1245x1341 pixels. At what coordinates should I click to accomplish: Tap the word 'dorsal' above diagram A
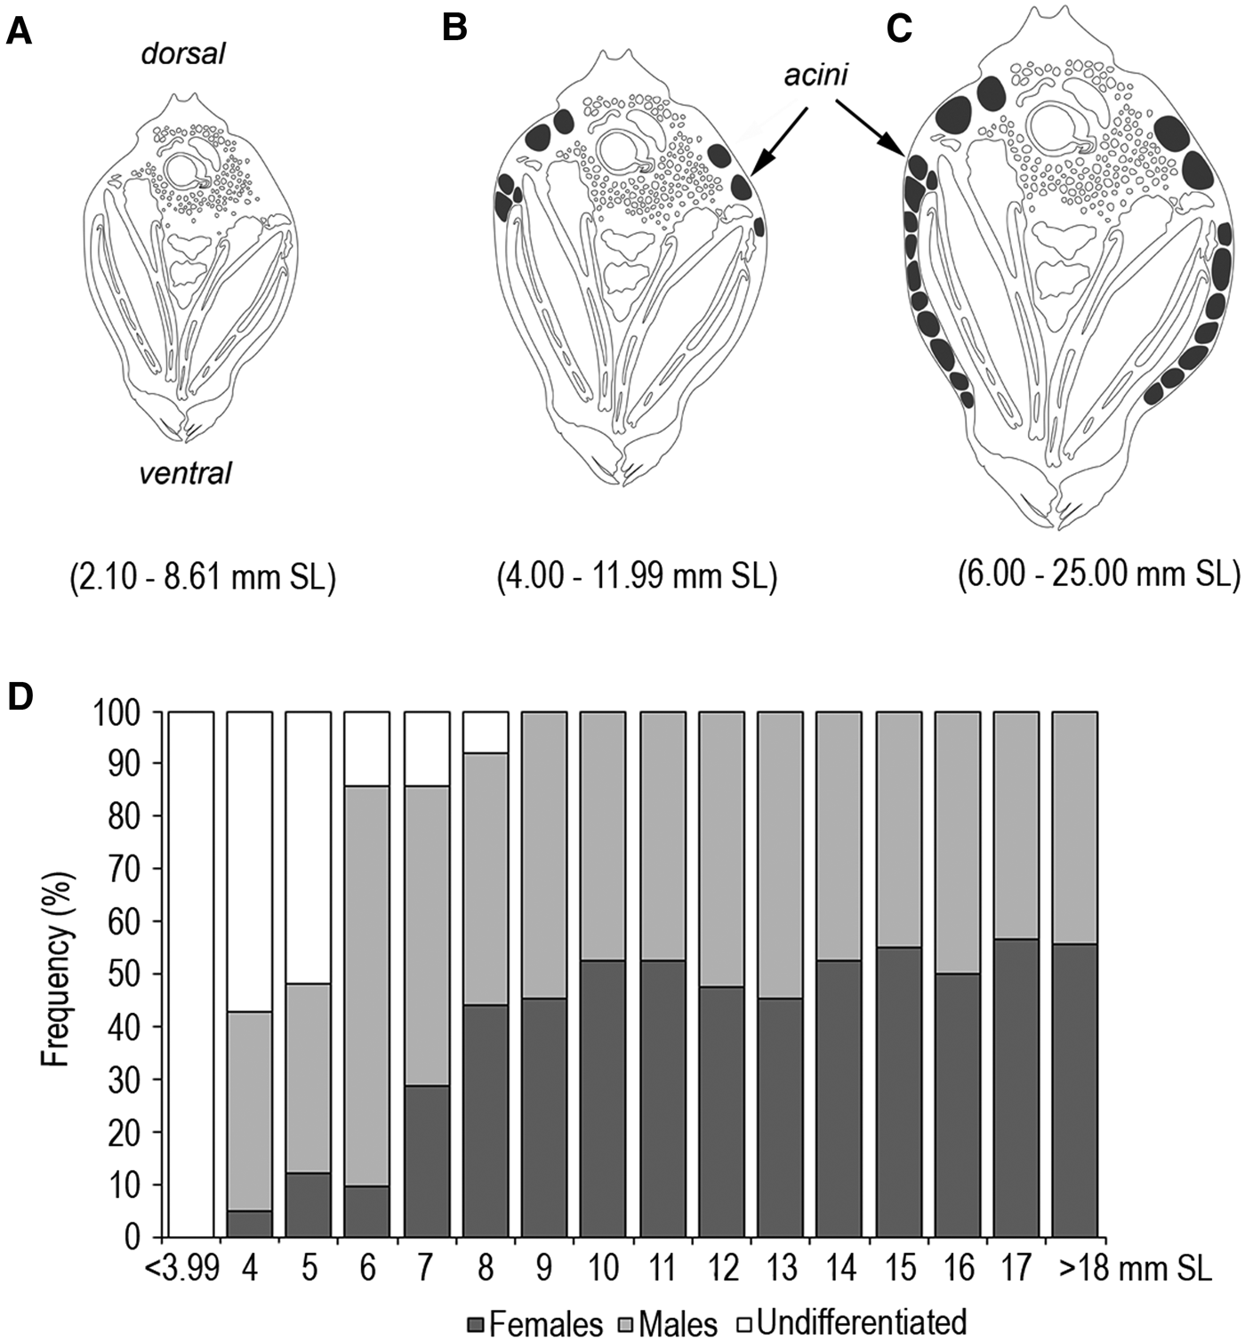183,54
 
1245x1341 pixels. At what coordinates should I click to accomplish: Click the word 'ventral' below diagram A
185,473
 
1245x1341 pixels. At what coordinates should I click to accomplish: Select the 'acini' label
815,76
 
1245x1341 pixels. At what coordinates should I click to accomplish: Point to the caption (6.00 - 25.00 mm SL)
1098,574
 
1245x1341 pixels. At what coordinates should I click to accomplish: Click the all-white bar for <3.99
191,974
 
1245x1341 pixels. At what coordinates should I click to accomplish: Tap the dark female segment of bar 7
427,1160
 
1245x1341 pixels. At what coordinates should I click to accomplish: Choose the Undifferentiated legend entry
849,1321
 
